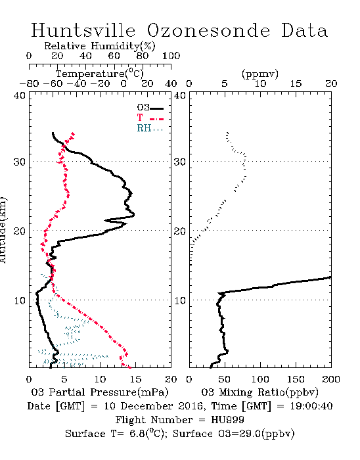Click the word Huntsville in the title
83,30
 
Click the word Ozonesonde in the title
208,30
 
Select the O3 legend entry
150,108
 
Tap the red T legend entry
150,118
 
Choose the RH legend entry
150,129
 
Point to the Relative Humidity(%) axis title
100,46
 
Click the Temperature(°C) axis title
100,74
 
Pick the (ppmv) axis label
260,74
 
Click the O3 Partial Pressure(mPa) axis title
100,392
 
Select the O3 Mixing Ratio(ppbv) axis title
259,392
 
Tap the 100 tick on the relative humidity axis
171,56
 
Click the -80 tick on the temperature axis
29,83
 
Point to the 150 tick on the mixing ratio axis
296,379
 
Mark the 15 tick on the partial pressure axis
135,379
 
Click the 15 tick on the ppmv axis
296,83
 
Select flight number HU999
227,420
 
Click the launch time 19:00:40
311,406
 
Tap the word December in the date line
148,406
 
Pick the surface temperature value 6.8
137,434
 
